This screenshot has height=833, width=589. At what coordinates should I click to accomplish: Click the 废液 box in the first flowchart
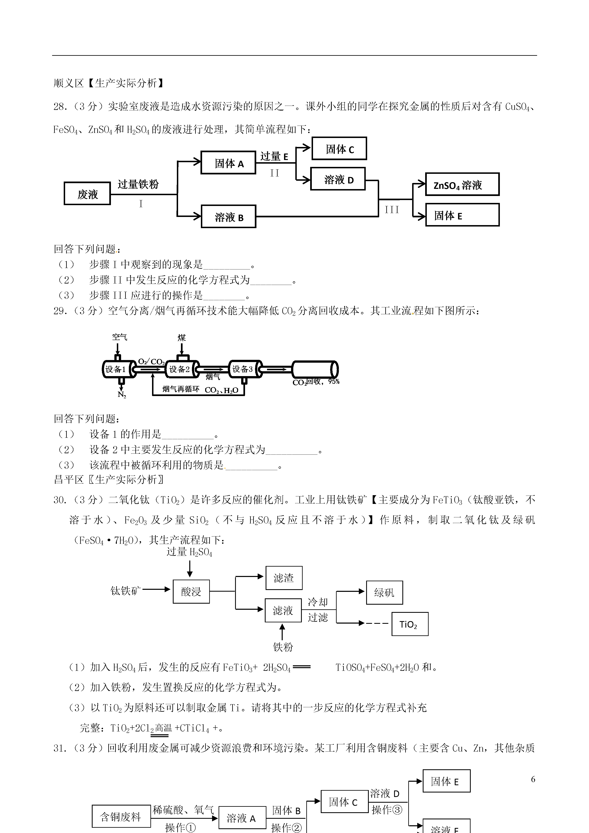(87, 193)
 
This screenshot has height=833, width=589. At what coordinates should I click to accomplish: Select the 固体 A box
(228, 163)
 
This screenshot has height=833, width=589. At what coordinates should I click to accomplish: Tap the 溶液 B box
(229, 217)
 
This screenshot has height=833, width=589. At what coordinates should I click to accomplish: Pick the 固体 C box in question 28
(339, 148)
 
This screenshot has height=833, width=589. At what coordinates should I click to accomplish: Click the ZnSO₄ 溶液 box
(462, 184)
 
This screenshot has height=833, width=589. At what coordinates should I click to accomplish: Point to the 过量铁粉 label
(138, 184)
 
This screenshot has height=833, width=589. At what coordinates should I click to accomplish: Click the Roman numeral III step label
(392, 209)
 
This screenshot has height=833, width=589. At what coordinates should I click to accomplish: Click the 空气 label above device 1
(119, 337)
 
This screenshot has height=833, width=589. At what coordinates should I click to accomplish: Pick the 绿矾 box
(384, 592)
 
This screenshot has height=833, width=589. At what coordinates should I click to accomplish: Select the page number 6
(533, 779)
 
